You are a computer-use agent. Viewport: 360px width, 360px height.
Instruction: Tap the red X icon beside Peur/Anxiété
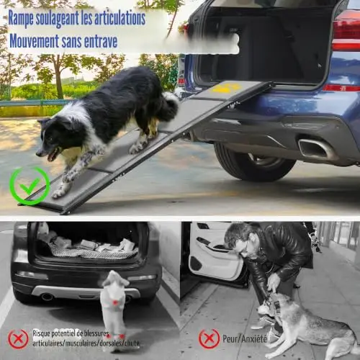click(x=209, y=338)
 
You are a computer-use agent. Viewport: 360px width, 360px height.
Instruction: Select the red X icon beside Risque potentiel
click(x=18, y=339)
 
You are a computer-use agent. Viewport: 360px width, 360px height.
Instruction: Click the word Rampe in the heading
click(x=21, y=19)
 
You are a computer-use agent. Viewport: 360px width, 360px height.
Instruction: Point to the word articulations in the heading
click(x=120, y=18)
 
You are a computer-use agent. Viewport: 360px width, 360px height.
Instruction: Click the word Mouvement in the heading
click(x=34, y=41)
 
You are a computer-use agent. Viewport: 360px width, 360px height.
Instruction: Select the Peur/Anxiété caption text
click(x=245, y=338)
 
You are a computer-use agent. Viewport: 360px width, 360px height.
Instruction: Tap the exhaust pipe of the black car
click(x=48, y=297)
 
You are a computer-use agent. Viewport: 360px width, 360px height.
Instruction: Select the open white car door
click(x=214, y=257)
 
